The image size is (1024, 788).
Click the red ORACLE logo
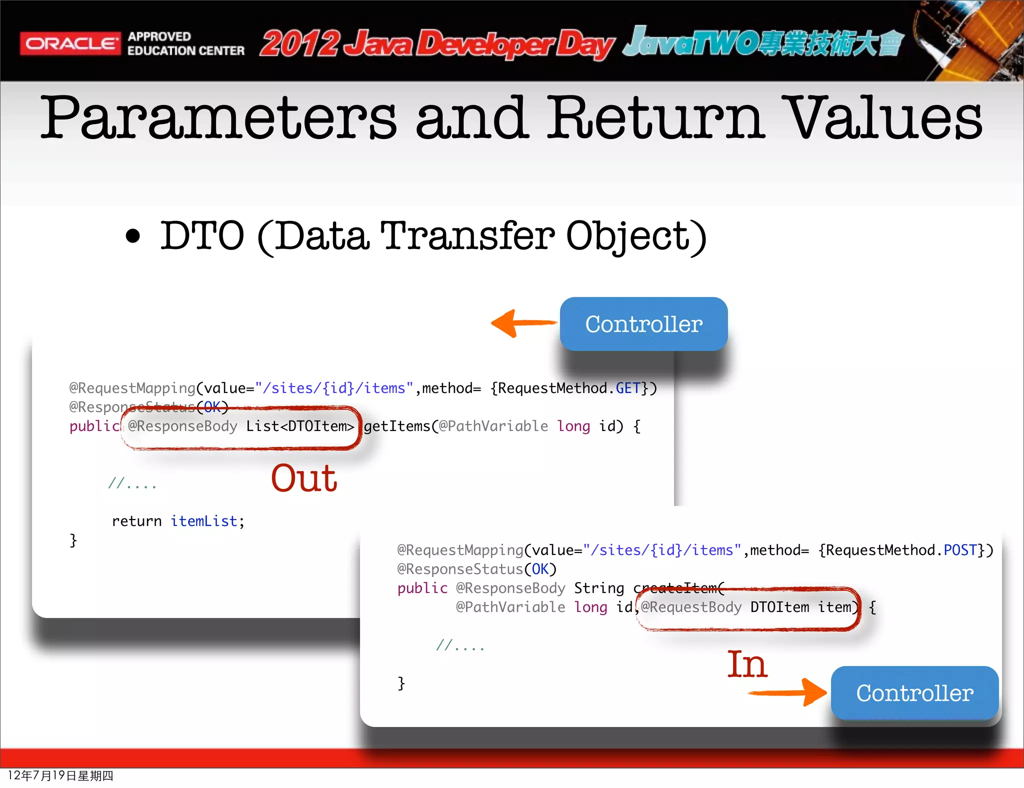point(70,44)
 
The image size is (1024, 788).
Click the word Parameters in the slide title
point(218,118)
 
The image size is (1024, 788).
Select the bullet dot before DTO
point(133,236)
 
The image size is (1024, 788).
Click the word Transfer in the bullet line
point(467,236)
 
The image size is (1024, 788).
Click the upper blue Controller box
point(643,324)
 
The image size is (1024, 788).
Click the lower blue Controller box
point(914,693)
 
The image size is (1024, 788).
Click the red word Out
point(304,478)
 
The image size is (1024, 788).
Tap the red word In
point(747,665)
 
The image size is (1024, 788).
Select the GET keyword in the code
point(627,388)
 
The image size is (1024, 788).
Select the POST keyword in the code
point(960,550)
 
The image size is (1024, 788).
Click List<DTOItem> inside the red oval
point(300,426)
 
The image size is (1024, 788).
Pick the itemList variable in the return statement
point(204,521)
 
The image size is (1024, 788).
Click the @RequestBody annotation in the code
point(691,607)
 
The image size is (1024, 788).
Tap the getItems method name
point(397,426)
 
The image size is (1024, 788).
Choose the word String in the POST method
point(599,588)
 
